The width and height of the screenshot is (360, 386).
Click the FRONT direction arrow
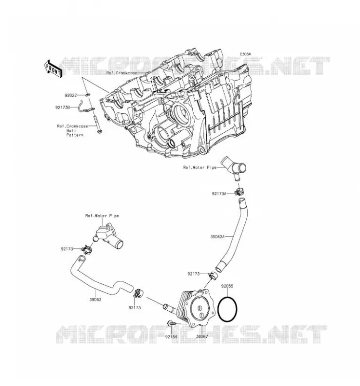click(x=53, y=69)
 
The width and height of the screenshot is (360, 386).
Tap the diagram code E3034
click(x=246, y=54)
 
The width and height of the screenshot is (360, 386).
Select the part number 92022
click(x=71, y=95)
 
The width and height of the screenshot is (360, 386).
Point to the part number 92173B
click(x=63, y=107)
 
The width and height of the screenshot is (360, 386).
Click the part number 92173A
click(x=219, y=194)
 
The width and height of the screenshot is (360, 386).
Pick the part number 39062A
click(x=218, y=237)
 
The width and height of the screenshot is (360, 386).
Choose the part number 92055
click(x=227, y=286)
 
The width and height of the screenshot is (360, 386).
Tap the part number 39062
click(x=95, y=300)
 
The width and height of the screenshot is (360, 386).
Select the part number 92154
click(x=171, y=336)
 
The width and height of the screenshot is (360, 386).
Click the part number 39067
click(x=202, y=336)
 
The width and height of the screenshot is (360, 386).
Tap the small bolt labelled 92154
click(x=172, y=323)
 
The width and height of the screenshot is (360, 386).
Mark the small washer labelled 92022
click(x=88, y=95)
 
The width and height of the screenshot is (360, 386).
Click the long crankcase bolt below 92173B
click(x=98, y=124)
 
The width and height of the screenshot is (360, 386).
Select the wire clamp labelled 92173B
click(x=86, y=106)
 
